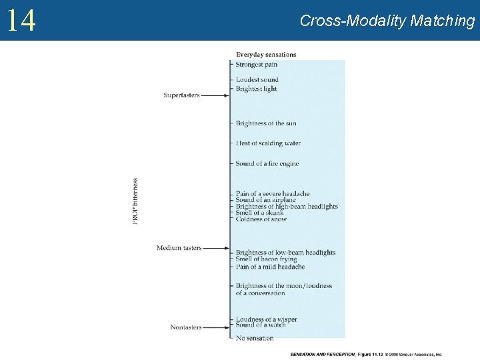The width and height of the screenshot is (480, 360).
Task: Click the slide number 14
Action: (x=21, y=21)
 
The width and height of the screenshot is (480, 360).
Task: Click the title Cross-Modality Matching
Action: (x=387, y=21)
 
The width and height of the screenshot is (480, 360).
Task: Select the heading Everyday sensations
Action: (x=266, y=54)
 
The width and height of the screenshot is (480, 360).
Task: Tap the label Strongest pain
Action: (x=257, y=65)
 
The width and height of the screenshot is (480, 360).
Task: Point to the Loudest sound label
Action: (x=257, y=80)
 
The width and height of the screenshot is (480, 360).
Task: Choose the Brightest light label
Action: (x=256, y=89)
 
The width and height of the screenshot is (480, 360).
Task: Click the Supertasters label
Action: (x=181, y=95)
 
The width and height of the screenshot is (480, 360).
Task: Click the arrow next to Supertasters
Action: (x=215, y=95)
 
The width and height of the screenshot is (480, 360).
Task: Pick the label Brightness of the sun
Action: (x=266, y=123)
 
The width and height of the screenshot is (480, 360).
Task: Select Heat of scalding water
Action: (x=268, y=143)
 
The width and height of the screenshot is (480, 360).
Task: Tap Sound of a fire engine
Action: (x=267, y=164)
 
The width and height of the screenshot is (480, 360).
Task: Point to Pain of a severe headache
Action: (x=273, y=194)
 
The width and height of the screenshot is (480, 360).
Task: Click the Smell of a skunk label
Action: (x=260, y=213)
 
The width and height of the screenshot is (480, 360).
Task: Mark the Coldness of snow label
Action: (x=261, y=219)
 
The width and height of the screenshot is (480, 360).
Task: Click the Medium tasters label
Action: (x=179, y=248)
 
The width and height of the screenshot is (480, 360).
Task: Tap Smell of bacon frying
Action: (x=267, y=259)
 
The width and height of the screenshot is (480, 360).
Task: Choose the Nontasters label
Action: (x=185, y=327)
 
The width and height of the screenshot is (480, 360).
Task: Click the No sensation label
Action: (x=255, y=338)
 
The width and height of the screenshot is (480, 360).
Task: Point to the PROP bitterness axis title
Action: (x=135, y=201)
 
